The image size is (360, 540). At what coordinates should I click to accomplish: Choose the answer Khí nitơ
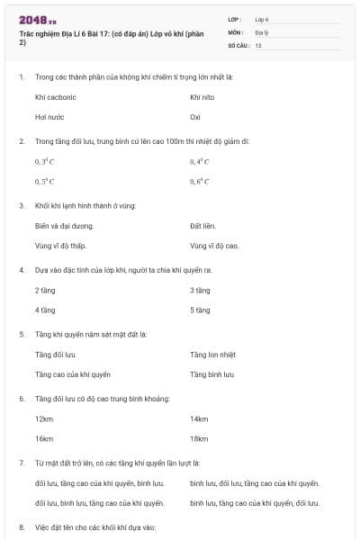click(x=203, y=96)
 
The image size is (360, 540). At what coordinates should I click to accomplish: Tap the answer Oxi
click(x=195, y=116)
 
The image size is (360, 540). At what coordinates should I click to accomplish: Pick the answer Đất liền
click(x=204, y=226)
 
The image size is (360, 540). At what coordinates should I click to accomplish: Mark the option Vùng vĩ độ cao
click(x=214, y=246)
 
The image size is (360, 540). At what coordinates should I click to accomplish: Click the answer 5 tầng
click(x=200, y=310)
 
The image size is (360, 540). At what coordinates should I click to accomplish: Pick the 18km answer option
click(x=199, y=439)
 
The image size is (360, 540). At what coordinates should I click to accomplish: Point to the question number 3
click(x=22, y=205)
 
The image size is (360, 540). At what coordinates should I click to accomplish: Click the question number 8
click(x=22, y=526)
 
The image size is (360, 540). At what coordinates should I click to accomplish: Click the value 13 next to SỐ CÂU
click(x=258, y=44)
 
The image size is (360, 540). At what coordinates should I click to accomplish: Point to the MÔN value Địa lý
click(x=262, y=31)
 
